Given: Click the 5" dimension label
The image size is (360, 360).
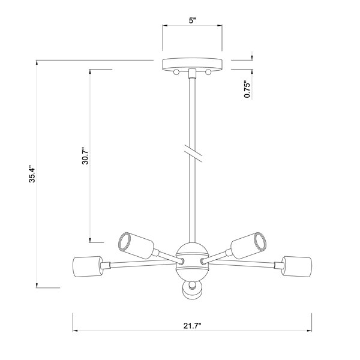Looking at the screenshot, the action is point(192,20).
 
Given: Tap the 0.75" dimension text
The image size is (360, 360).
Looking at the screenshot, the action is point(247,89).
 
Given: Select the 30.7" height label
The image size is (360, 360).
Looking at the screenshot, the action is point(85,156).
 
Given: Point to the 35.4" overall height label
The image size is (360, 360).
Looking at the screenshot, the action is point(32,174).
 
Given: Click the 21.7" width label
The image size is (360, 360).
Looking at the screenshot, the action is point(192,326).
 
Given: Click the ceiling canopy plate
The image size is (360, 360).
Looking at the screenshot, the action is point(192,64).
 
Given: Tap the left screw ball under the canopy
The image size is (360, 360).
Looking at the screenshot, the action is point(176,72).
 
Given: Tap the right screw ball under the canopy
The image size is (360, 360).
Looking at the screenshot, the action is point(208,72).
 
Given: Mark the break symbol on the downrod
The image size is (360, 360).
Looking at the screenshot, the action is point(193,153).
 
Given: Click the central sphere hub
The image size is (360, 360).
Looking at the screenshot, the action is point(192,262).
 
